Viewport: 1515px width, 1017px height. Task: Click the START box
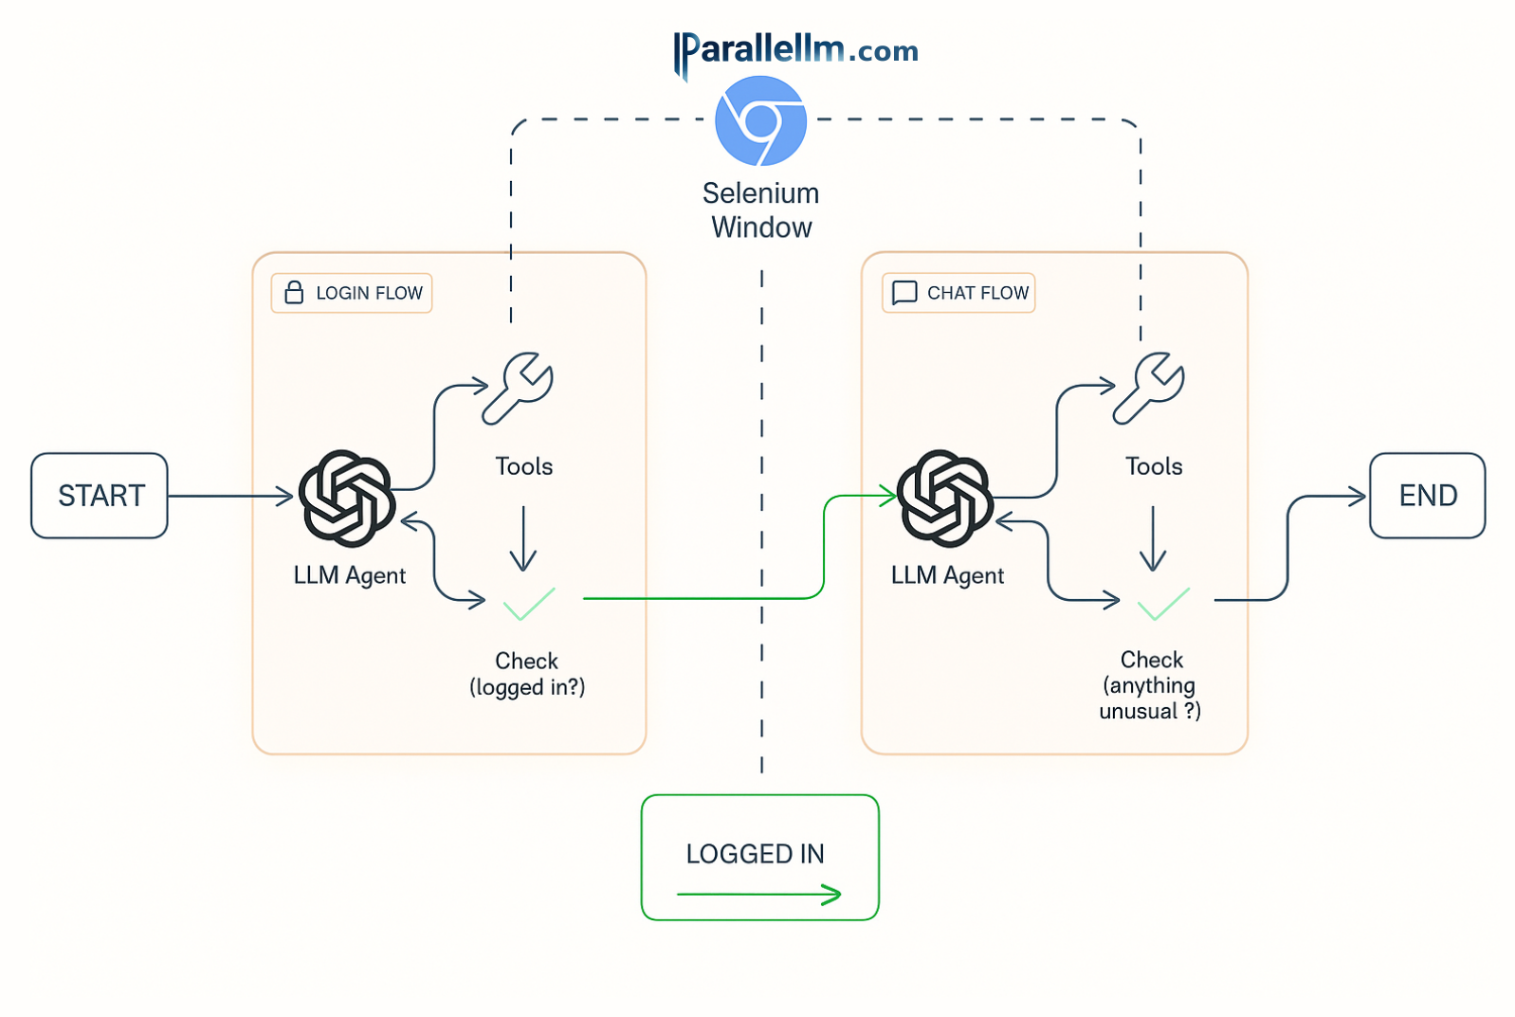click(x=100, y=496)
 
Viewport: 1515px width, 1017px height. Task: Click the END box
click(x=1426, y=496)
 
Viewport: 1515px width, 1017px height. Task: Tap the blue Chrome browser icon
click(x=760, y=121)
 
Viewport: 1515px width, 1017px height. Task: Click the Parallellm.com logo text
click(x=796, y=50)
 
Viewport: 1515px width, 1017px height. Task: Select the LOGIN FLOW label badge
click(x=352, y=293)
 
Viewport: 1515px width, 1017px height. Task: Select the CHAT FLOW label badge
click(x=958, y=293)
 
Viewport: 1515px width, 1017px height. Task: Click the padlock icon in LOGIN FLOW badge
click(x=295, y=292)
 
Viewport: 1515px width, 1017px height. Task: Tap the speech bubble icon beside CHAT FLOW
click(x=904, y=292)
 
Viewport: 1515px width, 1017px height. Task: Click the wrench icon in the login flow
click(x=519, y=387)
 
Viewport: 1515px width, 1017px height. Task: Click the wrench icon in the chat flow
click(x=1149, y=387)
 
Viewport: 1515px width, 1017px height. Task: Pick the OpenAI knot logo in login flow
click(x=347, y=498)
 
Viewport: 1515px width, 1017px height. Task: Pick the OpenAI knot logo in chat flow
click(x=945, y=498)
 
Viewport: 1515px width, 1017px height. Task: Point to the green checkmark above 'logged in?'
click(x=529, y=604)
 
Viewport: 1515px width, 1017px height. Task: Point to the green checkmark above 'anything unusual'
click(x=1163, y=604)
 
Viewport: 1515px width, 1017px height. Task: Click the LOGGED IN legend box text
click(x=755, y=854)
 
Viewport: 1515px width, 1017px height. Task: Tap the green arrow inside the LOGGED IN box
click(x=758, y=894)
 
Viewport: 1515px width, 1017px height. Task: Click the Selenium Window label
click(x=761, y=210)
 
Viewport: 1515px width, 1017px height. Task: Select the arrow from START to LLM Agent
click(x=230, y=496)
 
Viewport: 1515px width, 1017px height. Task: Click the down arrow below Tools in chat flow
click(x=1153, y=538)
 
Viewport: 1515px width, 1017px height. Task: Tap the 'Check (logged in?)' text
click(x=527, y=674)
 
